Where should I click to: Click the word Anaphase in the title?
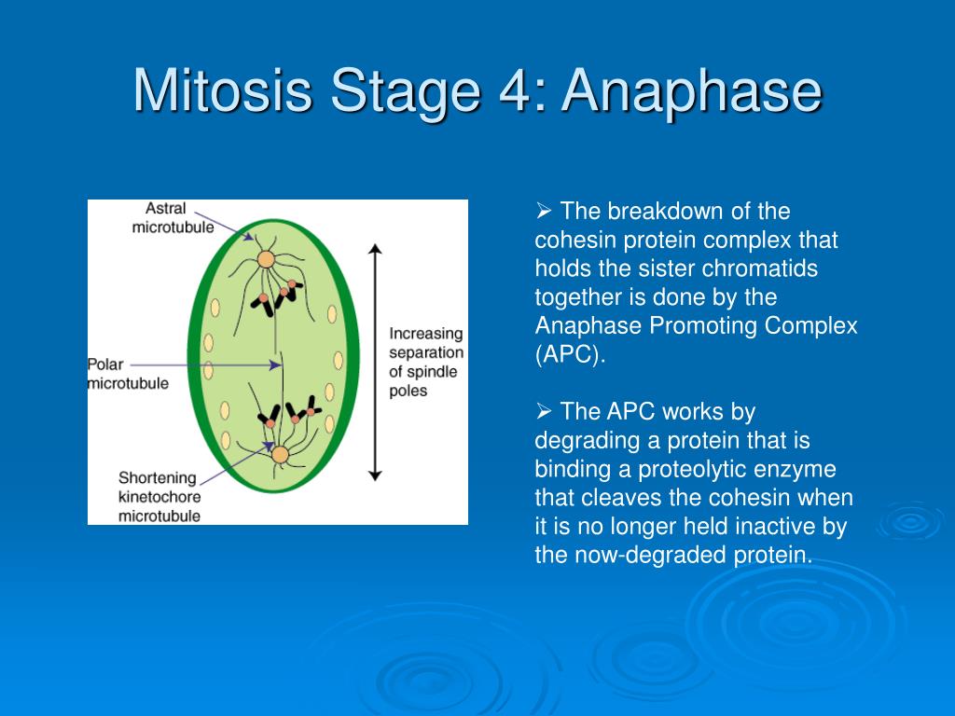pos(692,92)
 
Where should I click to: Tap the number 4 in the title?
pos(515,90)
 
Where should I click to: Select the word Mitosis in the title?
pos(223,90)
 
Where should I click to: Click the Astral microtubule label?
pos(173,217)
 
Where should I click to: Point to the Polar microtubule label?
pos(128,374)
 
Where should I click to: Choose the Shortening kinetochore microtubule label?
pos(159,497)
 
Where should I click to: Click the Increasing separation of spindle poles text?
pos(426,362)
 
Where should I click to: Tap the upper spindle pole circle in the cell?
pos(266,259)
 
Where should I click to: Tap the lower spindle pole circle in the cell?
pos(280,454)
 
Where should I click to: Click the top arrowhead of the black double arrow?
pos(375,248)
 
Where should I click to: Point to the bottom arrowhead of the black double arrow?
pos(375,476)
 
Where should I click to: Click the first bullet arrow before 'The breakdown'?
pos(544,212)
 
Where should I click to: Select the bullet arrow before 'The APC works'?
pos(544,411)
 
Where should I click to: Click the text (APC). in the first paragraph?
pos(570,354)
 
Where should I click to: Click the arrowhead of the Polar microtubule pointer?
pos(276,365)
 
